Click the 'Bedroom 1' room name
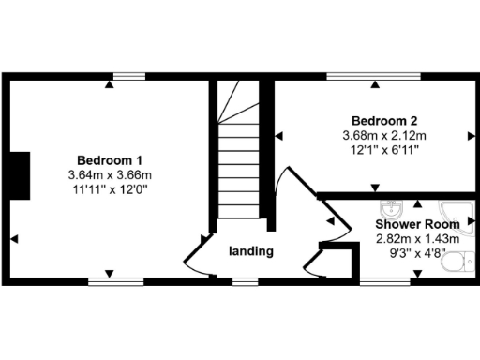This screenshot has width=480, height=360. (x=110, y=159)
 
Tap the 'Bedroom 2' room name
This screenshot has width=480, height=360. (x=384, y=120)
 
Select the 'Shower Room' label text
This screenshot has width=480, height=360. (x=418, y=225)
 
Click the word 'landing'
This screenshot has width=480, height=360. (x=251, y=251)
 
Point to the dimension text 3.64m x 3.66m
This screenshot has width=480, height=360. (x=110, y=175)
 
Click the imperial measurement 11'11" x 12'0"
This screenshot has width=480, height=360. (x=110, y=189)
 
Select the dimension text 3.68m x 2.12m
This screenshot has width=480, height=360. (x=384, y=134)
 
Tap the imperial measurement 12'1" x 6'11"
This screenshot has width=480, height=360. (x=384, y=148)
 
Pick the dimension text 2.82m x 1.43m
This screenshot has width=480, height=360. (x=418, y=239)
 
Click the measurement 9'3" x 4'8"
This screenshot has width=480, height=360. (x=418, y=253)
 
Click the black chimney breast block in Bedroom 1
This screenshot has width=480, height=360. (x=19, y=174)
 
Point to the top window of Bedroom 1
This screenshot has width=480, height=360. (x=129, y=75)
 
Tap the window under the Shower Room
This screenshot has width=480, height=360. (x=379, y=280)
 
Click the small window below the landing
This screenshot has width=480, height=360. (x=246, y=280)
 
